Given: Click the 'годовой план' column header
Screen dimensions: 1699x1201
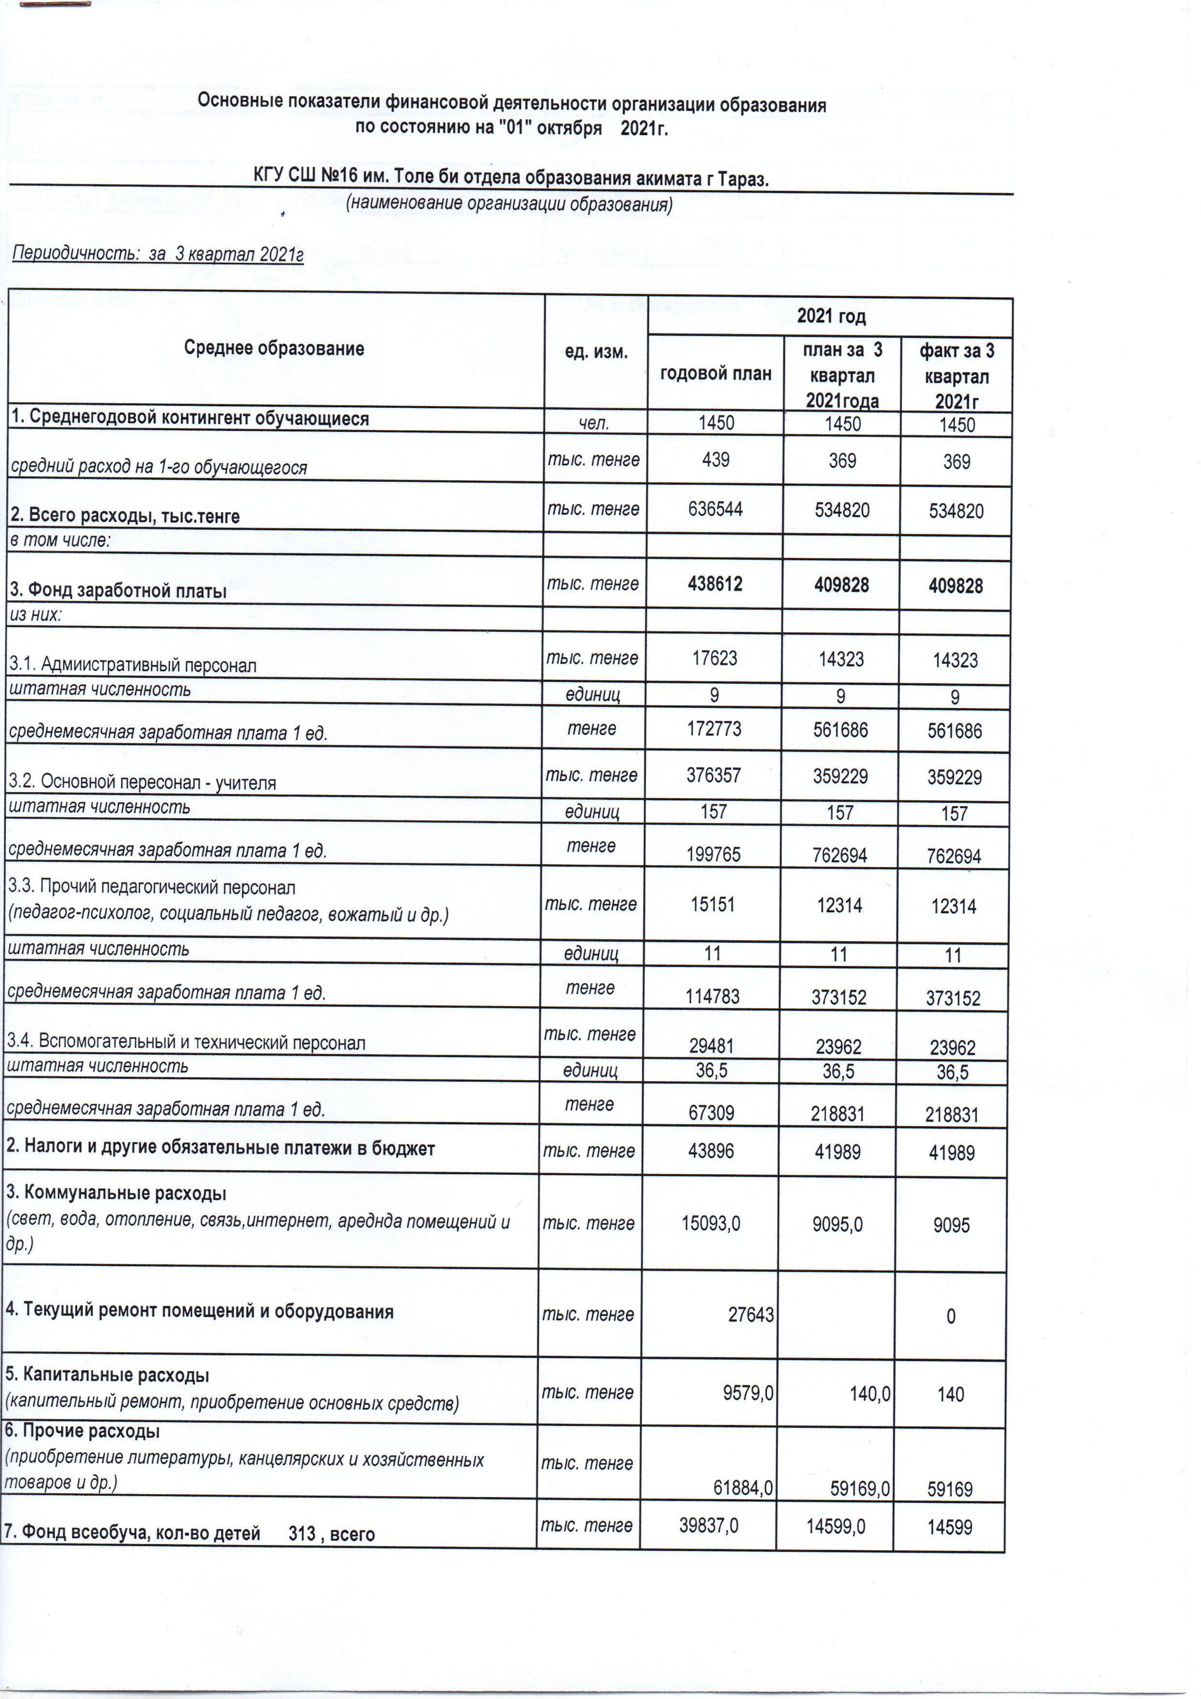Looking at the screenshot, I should (715, 374).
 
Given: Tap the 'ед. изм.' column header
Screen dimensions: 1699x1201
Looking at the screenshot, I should (596, 352).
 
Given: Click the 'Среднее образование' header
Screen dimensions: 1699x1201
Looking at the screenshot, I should (274, 349).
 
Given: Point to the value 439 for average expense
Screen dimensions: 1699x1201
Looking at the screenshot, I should (715, 460).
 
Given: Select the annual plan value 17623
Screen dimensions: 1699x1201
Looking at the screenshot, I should (715, 658).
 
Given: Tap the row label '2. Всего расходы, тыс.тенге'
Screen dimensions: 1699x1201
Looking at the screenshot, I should (124, 516).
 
